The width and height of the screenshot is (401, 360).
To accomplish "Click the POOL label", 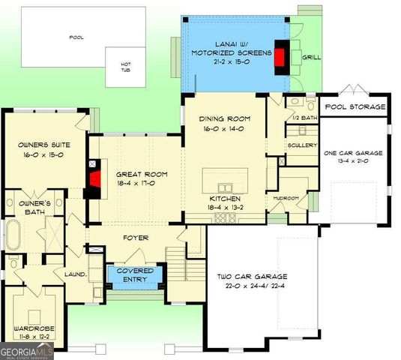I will click(76, 37).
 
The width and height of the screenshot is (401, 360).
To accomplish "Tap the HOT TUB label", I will click(126, 67).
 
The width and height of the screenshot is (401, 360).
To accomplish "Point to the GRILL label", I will click(310, 57).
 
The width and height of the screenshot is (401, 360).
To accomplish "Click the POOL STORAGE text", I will click(355, 107).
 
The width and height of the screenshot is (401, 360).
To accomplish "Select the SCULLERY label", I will click(302, 145).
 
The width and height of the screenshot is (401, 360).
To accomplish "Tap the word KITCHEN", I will click(224, 199).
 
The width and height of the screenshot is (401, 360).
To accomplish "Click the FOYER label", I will click(136, 238).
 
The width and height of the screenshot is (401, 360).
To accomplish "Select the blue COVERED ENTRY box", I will click(135, 274).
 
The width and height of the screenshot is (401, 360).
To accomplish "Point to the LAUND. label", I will click(75, 274).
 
